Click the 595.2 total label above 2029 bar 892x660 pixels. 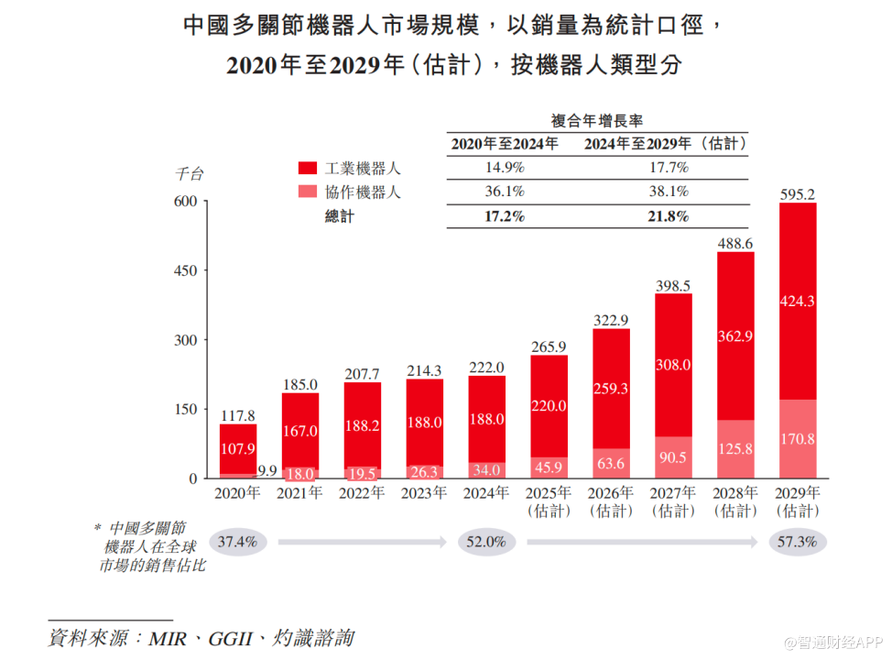797,194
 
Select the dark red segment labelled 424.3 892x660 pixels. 797,300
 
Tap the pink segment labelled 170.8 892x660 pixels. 797,439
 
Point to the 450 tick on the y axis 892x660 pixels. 186,270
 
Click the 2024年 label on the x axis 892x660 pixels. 487,493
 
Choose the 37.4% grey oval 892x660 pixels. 239,542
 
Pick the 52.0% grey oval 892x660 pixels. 486,542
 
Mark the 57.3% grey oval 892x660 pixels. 797,542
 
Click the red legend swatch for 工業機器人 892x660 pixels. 308,169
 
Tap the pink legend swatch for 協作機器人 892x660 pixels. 308,192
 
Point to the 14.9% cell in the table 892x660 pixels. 504,168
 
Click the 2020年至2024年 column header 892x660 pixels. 504,144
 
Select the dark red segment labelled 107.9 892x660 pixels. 238,450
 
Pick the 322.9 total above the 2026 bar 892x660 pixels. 611,321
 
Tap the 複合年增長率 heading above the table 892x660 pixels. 596,120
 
